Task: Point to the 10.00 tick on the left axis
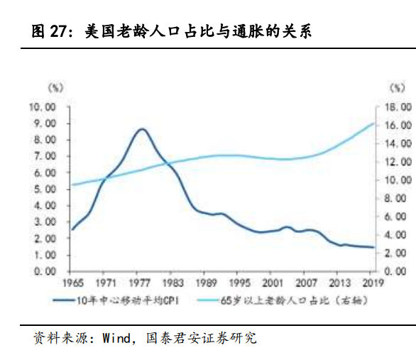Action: click(x=41, y=107)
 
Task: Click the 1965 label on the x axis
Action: click(x=72, y=282)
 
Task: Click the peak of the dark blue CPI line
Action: click(x=142, y=129)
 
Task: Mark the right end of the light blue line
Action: click(x=374, y=124)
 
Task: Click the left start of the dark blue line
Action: click(x=72, y=229)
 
